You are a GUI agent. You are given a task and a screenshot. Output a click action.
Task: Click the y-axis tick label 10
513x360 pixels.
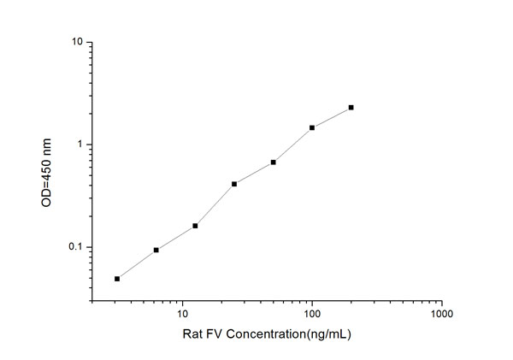75,42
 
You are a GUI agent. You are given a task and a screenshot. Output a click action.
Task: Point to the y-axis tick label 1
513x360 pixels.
79,145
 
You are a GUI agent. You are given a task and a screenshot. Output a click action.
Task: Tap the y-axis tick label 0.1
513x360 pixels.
74,248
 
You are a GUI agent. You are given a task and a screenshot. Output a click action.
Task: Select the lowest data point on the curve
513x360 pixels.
117,279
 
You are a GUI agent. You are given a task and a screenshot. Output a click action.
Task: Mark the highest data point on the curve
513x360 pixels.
351,108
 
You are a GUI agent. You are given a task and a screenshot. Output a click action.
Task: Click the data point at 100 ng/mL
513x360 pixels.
312,127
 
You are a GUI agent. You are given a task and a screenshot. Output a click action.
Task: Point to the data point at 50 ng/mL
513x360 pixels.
273,162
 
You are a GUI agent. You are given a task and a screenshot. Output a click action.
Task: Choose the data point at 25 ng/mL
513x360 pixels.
234,184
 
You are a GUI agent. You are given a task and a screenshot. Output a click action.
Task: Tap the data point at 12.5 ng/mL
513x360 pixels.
195,226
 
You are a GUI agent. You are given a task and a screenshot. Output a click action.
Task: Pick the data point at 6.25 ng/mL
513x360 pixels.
156,250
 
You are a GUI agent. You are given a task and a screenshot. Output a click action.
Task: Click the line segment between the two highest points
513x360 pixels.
332,117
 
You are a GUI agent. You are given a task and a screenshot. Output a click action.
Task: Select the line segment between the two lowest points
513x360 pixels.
137,264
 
